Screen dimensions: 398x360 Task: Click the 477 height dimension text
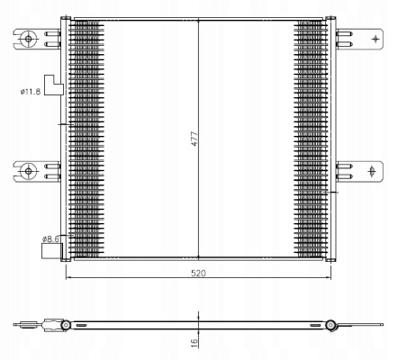[194, 139]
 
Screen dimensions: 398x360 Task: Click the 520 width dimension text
[198, 274]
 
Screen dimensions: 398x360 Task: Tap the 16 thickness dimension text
[194, 341]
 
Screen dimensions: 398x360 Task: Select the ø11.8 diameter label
[31, 92]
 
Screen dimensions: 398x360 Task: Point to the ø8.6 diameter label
[50, 239]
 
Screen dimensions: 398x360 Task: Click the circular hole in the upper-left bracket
[28, 39]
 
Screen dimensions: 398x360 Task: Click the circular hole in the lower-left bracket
[28, 171]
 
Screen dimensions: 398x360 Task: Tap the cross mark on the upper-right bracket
[375, 39]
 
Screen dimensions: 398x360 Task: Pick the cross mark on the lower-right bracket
[372, 171]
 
